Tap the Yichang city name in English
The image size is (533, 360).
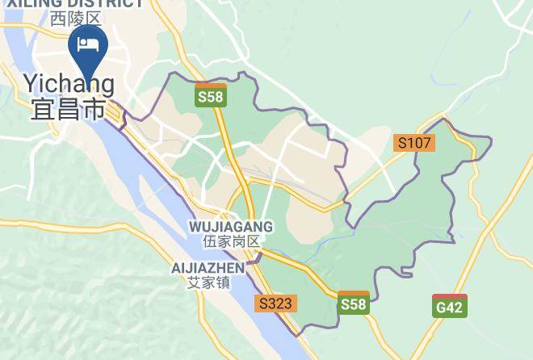[69, 83]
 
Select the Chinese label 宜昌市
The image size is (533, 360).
[69, 108]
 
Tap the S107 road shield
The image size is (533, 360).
[415, 143]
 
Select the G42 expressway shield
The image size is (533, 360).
[450, 306]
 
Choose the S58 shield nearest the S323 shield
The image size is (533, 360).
[354, 302]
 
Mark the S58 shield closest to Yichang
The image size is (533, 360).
[212, 95]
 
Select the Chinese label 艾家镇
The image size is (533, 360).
[208, 283]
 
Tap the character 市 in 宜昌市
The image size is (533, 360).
[94, 108]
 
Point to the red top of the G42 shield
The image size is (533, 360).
[450, 297]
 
